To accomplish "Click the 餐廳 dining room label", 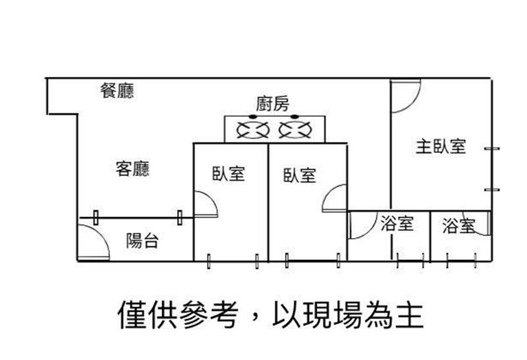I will click(x=118, y=92).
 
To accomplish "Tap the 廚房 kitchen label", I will click(x=273, y=104).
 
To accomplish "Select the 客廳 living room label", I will click(x=132, y=169).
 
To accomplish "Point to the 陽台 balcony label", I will click(x=142, y=241).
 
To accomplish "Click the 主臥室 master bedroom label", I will click(x=441, y=146).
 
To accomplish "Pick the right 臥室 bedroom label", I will click(x=299, y=175).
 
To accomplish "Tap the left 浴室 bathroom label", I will click(x=397, y=224).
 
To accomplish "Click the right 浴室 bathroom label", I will click(x=459, y=226).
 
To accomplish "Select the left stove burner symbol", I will click(x=252, y=129).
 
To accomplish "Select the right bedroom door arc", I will click(x=335, y=199).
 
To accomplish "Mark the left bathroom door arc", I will click(x=360, y=226).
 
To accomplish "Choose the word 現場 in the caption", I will click(x=327, y=315).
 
